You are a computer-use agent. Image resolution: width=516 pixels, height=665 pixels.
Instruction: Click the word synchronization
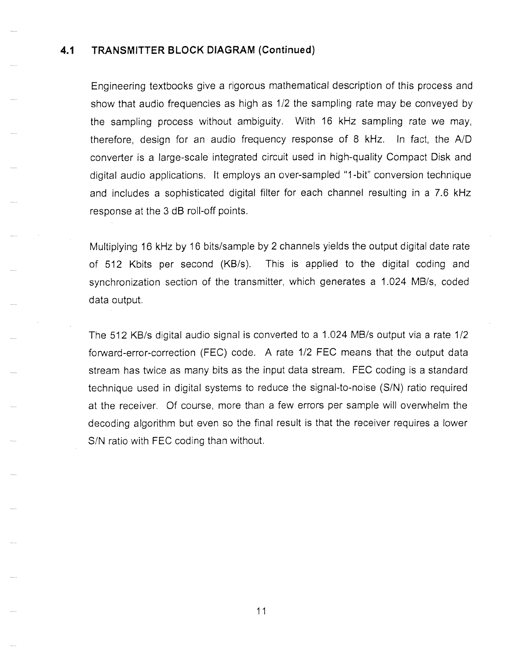125,282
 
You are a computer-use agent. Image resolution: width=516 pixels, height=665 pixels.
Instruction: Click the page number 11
261,611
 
